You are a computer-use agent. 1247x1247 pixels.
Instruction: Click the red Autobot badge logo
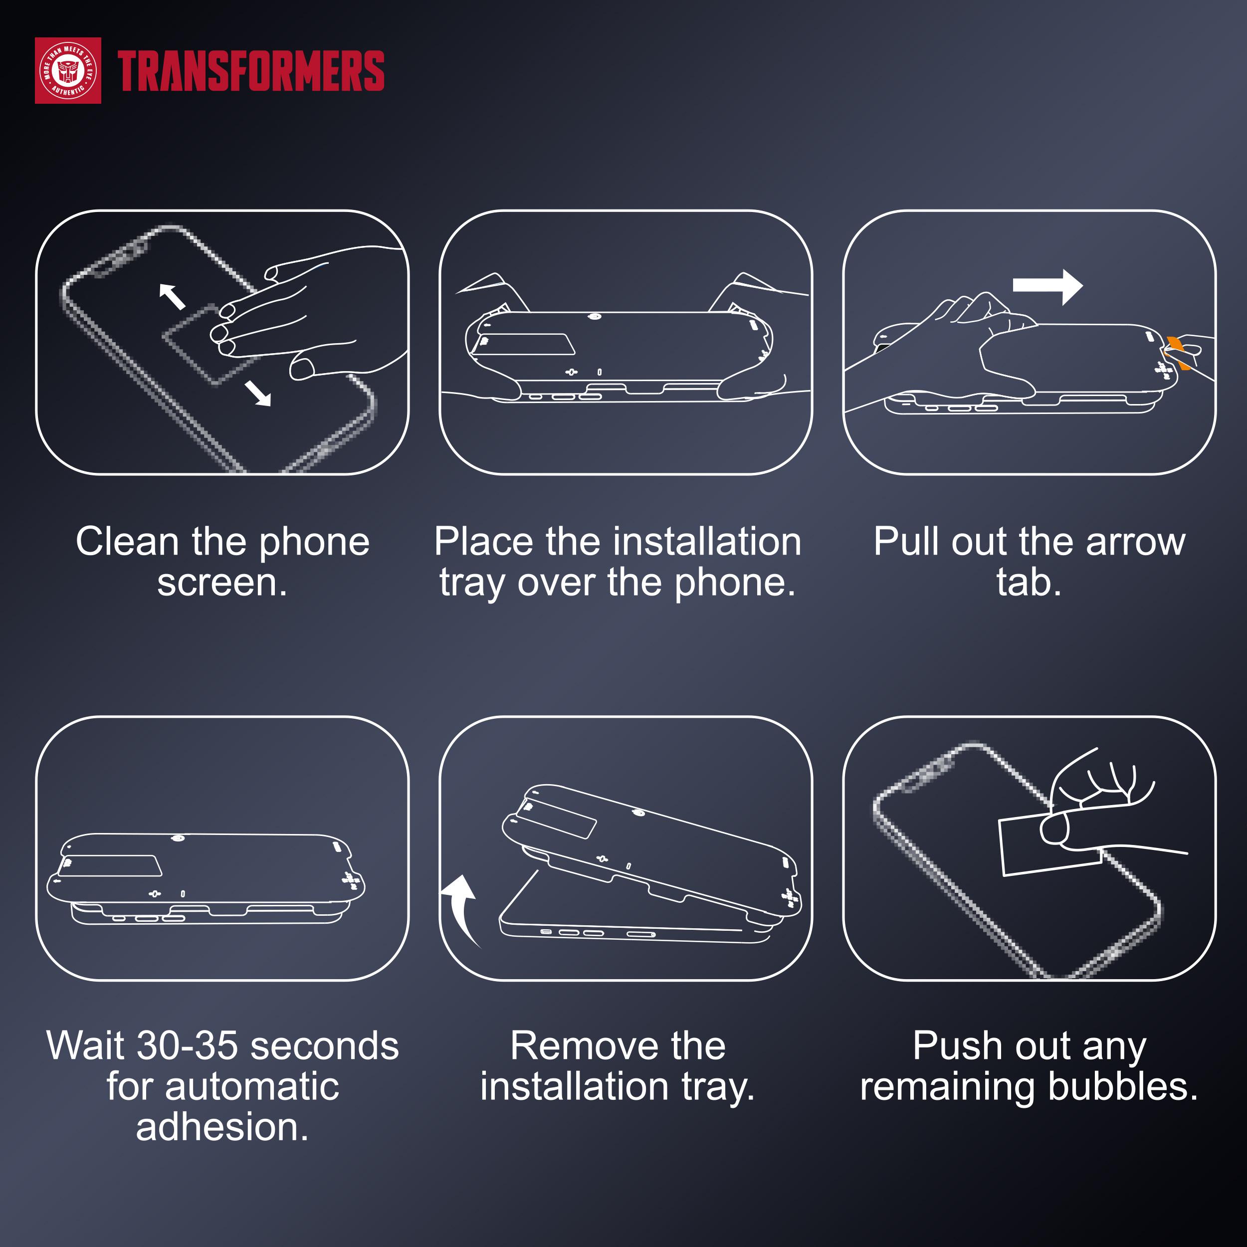68,70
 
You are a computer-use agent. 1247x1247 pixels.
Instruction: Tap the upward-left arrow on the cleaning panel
172,296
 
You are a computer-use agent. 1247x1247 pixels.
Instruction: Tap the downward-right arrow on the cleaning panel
258,393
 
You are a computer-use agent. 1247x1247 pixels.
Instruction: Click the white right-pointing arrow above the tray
1047,286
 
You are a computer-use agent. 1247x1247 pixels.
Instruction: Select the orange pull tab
1179,352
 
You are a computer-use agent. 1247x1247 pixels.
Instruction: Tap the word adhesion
222,1127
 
